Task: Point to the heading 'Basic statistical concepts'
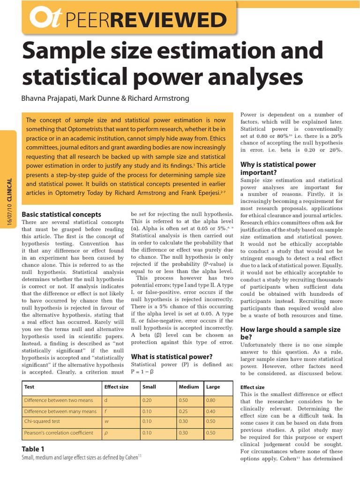click(x=61, y=214)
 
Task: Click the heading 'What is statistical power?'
click(x=172, y=357)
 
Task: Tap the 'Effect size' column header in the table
click(x=115, y=387)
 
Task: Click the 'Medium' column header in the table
click(x=188, y=387)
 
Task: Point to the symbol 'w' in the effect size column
click(x=106, y=421)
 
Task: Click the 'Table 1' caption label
click(x=33, y=449)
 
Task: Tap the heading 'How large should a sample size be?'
click(x=290, y=333)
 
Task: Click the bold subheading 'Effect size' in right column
click(x=252, y=387)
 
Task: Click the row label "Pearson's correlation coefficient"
click(x=59, y=433)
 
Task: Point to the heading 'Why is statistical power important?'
click(x=278, y=168)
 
